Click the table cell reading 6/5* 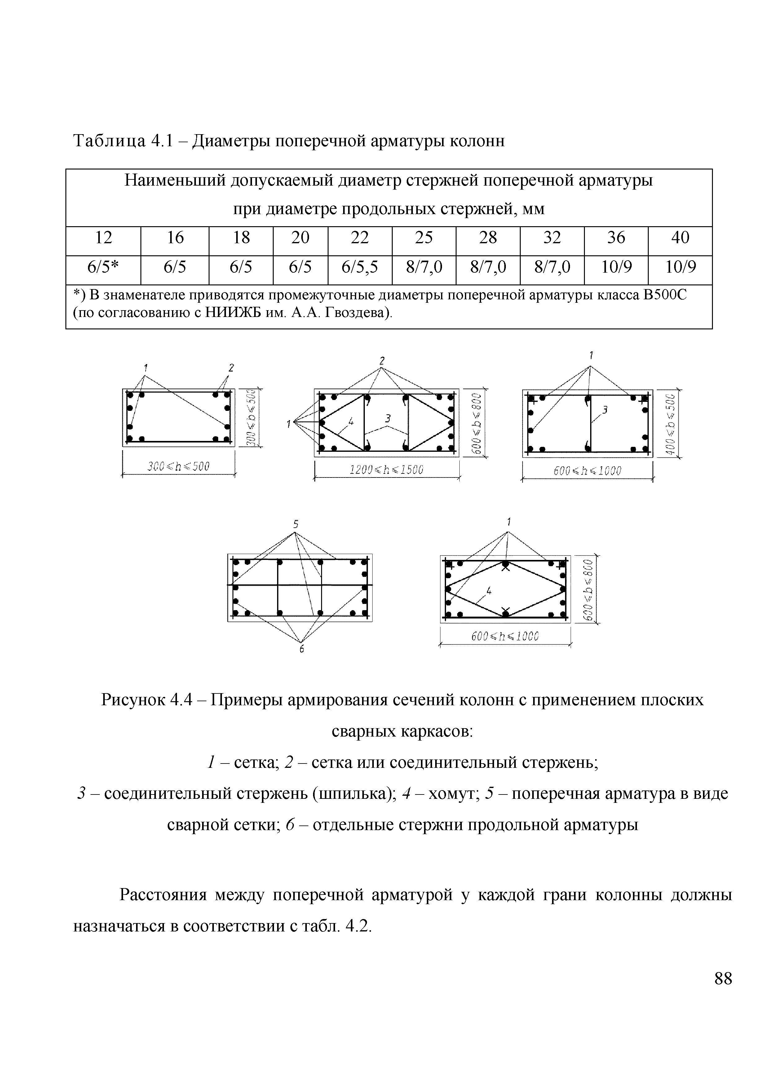(x=103, y=268)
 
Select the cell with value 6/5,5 (x=360, y=268)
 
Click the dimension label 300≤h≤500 (x=178, y=466)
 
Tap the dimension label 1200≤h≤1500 (x=386, y=470)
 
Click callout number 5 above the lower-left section (x=295, y=524)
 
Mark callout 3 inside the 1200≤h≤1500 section (x=388, y=418)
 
